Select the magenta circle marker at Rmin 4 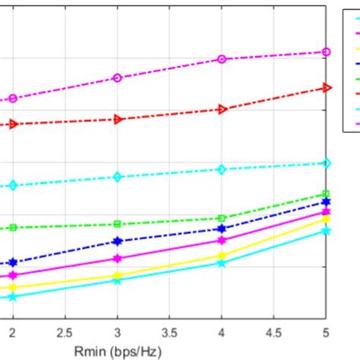point(222,58)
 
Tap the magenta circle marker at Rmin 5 point(327,52)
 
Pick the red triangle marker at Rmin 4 point(222,109)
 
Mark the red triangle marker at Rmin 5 point(327,88)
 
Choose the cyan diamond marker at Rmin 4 point(222,169)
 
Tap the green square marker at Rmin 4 point(222,218)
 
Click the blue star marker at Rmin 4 point(222,229)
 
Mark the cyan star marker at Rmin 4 point(222,263)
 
